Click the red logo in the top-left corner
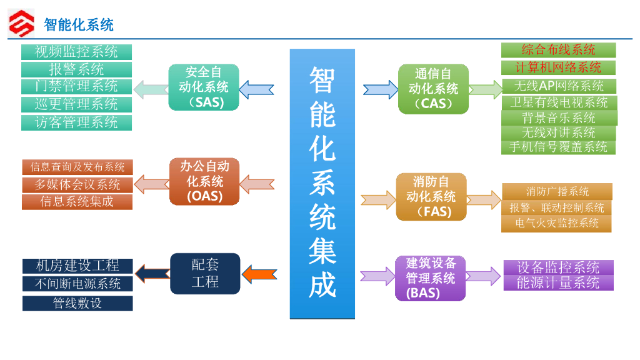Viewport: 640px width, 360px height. (x=21, y=24)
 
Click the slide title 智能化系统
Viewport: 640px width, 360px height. (x=79, y=25)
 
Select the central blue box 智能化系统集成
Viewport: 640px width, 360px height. (x=322, y=184)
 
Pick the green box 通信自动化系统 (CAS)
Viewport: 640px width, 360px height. (x=433, y=89)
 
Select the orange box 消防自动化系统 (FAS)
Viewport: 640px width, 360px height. (x=431, y=197)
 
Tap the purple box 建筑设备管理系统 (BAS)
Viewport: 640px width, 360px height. (x=431, y=277)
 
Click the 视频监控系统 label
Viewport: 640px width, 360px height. (x=76, y=52)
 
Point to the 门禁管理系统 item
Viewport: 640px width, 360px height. (x=76, y=86)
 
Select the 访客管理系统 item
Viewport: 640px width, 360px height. (x=76, y=122)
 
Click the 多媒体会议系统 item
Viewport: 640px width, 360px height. (x=77, y=184)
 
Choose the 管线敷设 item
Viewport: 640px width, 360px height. (x=77, y=304)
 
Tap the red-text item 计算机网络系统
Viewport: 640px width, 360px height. (x=558, y=67)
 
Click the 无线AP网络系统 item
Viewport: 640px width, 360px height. (x=559, y=86)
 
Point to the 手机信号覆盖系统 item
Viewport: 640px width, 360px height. (x=558, y=147)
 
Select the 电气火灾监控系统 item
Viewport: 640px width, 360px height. (x=557, y=223)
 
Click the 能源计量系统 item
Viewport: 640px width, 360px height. (x=558, y=283)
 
